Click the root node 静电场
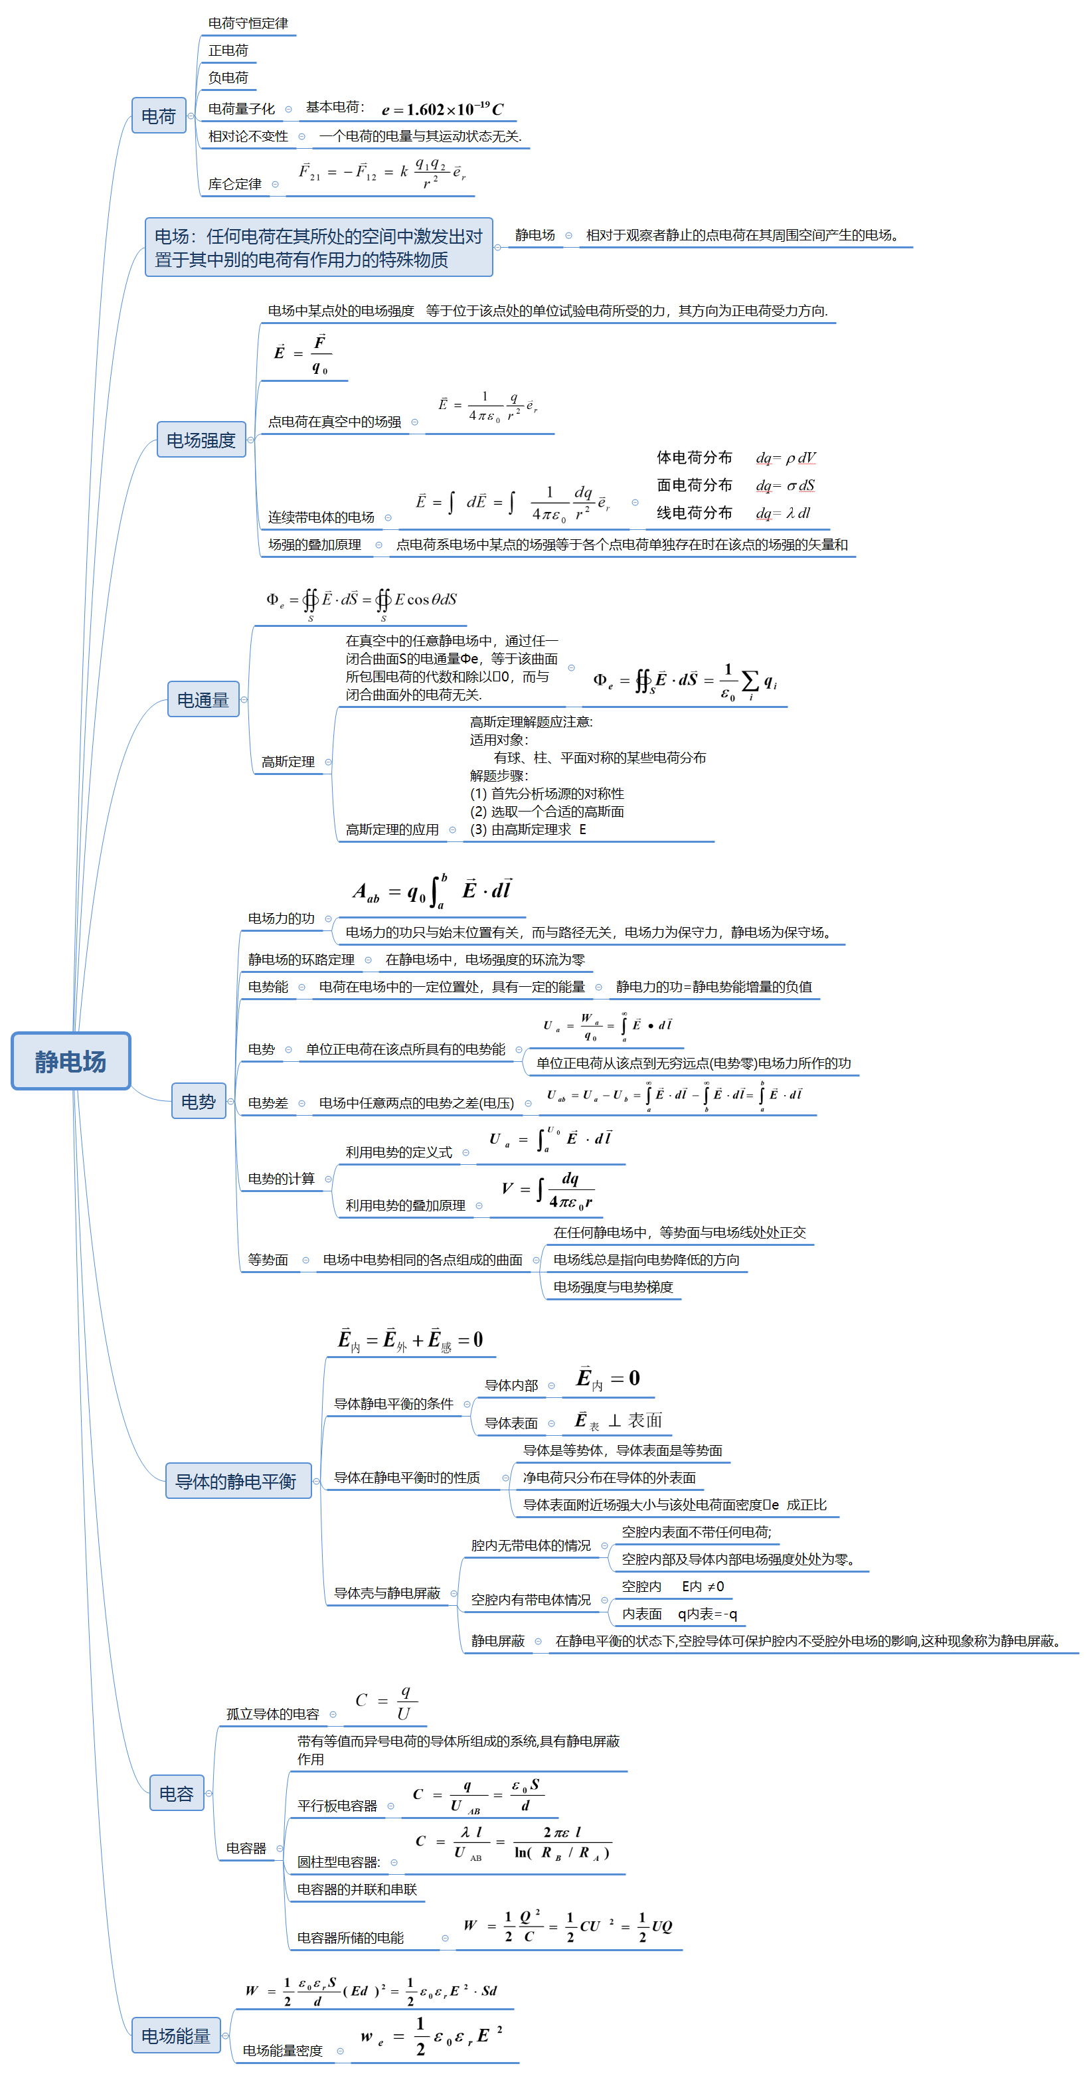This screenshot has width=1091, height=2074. (x=71, y=1061)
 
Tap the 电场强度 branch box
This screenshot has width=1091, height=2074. (x=201, y=440)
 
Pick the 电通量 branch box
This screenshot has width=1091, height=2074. (x=203, y=700)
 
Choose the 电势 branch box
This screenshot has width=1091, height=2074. (x=198, y=1101)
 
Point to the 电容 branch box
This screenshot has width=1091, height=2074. (x=177, y=1793)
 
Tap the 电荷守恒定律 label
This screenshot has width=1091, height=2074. (x=248, y=23)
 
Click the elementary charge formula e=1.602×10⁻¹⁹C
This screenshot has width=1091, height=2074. (x=442, y=110)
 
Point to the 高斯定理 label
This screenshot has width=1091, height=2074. (x=288, y=762)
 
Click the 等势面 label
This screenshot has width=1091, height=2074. (x=268, y=1259)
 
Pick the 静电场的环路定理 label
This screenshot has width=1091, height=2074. (x=301, y=960)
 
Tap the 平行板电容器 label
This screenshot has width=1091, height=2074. (x=337, y=1805)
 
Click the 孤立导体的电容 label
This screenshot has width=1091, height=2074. (x=272, y=1714)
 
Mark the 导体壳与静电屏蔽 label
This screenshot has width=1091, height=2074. (x=387, y=1593)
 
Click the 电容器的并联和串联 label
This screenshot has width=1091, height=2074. (x=357, y=1889)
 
